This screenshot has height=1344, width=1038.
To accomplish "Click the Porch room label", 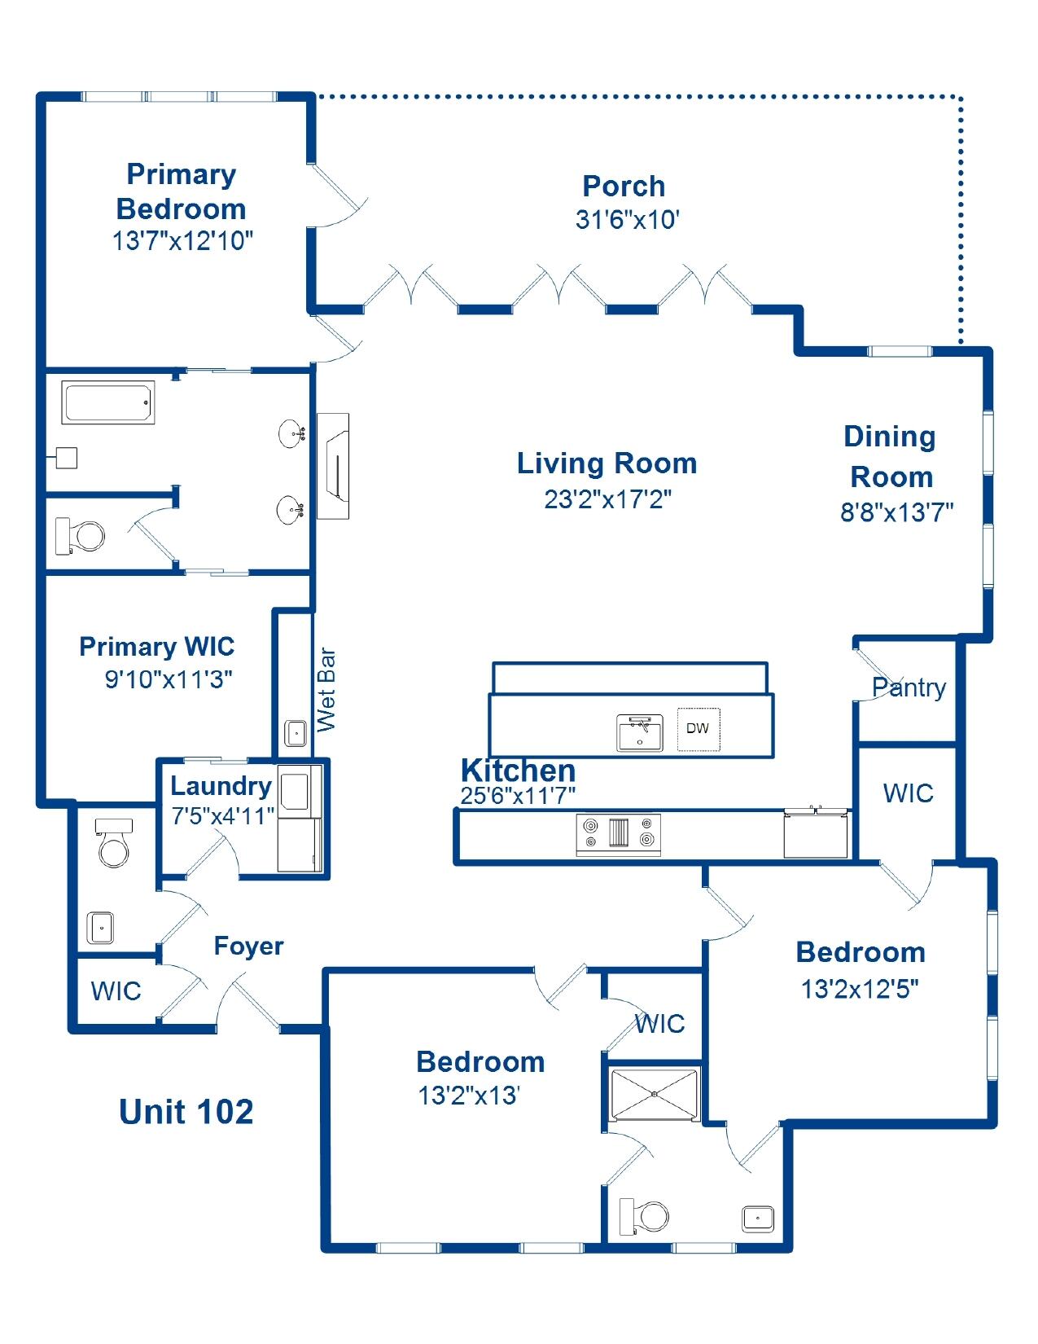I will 624,187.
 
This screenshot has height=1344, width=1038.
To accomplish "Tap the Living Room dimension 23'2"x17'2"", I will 607,499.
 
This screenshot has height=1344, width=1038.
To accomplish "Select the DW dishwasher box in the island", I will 698,728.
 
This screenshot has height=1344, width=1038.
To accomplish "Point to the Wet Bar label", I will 326,689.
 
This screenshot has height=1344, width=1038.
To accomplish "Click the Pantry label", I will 909,687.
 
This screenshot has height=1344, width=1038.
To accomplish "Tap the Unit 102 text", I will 186,1112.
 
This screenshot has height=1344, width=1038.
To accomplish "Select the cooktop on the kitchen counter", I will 619,832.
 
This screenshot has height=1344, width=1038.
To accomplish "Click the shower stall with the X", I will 655,1095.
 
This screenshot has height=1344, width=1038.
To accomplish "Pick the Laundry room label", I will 221,786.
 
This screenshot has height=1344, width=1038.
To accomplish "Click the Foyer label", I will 248,946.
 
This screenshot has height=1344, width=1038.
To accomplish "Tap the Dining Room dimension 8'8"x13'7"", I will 896,512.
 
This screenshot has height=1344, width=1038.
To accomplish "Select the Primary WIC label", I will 157,647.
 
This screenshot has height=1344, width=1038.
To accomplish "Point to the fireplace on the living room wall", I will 334,466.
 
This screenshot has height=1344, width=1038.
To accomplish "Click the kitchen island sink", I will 639,731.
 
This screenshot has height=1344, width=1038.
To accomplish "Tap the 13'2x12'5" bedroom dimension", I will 860,989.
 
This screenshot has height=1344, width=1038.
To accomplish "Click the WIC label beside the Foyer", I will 116,991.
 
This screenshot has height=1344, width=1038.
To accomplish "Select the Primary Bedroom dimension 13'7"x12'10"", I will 182,241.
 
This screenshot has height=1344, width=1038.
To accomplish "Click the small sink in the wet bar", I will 296,732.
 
